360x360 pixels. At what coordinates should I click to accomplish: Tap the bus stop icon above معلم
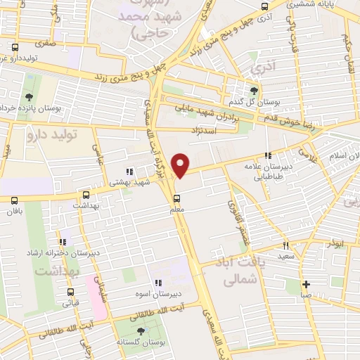(x=176, y=195)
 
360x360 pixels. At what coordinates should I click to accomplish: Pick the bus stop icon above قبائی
(x=70, y=292)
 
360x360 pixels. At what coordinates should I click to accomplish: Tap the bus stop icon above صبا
(x=305, y=285)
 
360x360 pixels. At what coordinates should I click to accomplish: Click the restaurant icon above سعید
(x=285, y=245)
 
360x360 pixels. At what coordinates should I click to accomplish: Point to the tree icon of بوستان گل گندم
(x=254, y=89)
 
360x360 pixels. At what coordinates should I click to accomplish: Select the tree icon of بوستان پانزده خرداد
(x=29, y=96)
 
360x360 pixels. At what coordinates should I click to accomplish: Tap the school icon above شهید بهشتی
(x=127, y=171)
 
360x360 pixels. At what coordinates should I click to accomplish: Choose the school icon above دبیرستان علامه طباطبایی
(x=267, y=155)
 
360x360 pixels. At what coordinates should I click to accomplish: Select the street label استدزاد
(x=205, y=130)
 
